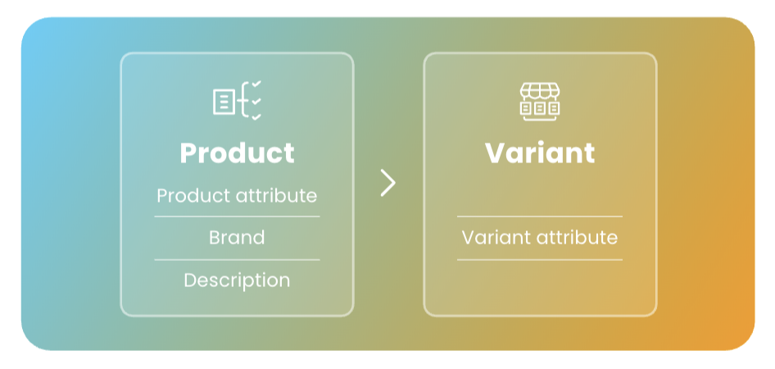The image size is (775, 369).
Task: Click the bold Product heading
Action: coord(238,153)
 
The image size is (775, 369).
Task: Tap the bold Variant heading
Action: coord(540,153)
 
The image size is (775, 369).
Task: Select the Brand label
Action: coord(237,238)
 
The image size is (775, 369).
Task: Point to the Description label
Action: coord(237,280)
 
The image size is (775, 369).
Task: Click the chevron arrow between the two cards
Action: coord(388,183)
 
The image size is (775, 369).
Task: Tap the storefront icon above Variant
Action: coord(540,102)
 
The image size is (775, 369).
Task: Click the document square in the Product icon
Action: coord(224,102)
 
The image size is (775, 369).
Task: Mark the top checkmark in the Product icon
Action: coord(256,84)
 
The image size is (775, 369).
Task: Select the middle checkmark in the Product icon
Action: coord(256,101)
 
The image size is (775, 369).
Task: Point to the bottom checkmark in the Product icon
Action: coord(256,117)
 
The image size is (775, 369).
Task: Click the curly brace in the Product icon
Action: coord(243,102)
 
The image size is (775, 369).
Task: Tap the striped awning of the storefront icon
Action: coord(540,90)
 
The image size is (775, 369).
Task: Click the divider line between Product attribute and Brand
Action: coord(238,216)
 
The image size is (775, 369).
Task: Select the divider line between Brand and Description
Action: coord(238,259)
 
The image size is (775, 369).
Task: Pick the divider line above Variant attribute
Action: coord(540,216)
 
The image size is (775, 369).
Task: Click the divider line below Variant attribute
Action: coord(540,259)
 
